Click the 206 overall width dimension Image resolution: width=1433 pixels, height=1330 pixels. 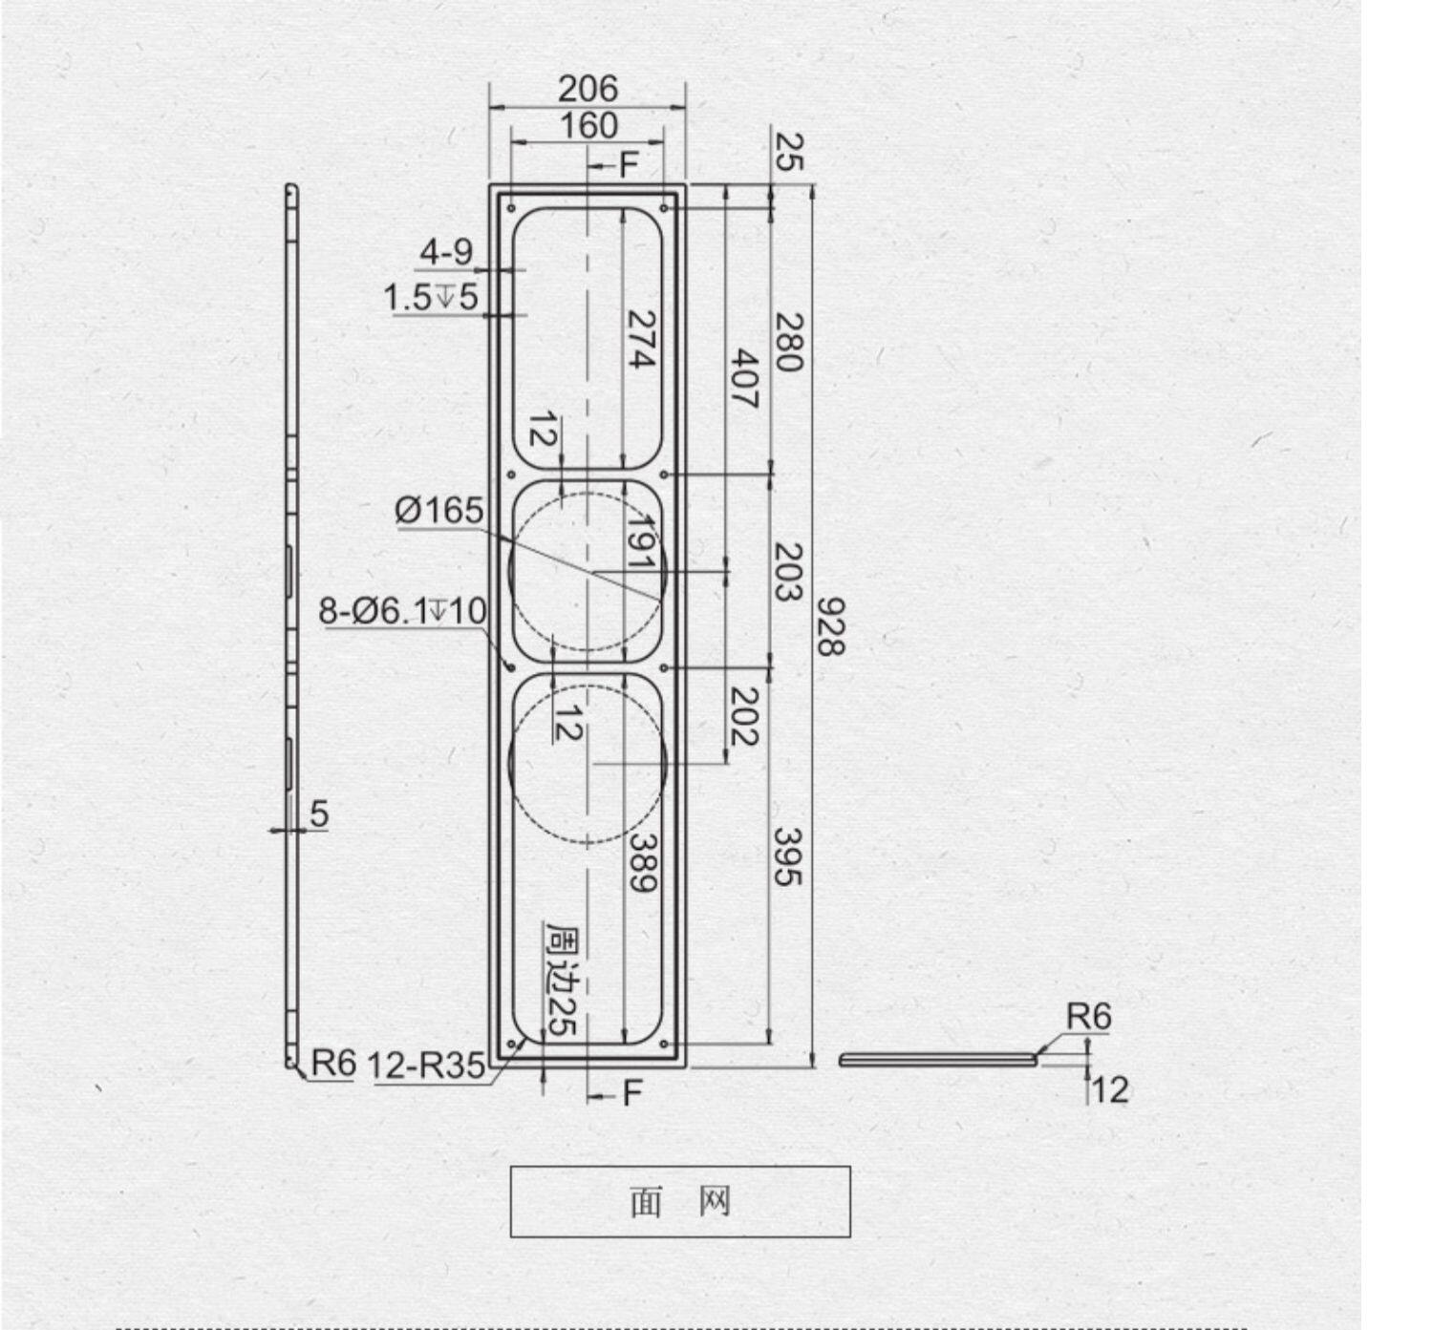(588, 89)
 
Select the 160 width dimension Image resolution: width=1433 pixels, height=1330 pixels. (588, 125)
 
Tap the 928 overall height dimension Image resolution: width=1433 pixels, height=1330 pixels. (830, 626)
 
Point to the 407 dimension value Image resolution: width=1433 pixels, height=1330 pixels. (744, 379)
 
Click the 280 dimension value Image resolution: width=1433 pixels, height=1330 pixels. (788, 343)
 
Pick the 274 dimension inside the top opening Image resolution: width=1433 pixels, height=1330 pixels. (641, 339)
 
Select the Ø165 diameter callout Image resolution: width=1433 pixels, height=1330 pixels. (438, 510)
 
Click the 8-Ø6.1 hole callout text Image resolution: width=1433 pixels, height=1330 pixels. (402, 611)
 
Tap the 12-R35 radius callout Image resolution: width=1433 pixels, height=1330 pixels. (426, 1066)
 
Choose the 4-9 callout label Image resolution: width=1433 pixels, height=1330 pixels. (447, 252)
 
